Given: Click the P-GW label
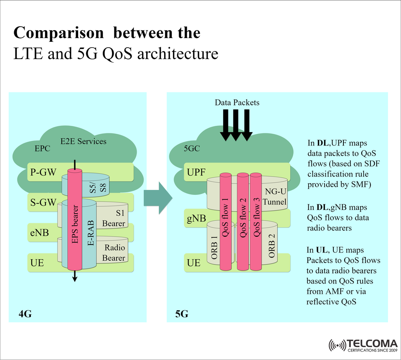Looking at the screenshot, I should (43, 172).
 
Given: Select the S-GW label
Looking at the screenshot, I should (43, 203).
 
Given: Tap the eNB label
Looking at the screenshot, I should (40, 233).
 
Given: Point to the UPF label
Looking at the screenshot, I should (195, 172).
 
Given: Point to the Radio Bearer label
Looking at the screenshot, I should (114, 253).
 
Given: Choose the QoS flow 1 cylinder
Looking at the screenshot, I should (226, 222).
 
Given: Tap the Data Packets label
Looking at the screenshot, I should (237, 102).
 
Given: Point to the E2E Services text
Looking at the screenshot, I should (84, 141).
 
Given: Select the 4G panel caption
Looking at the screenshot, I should (25, 314).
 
